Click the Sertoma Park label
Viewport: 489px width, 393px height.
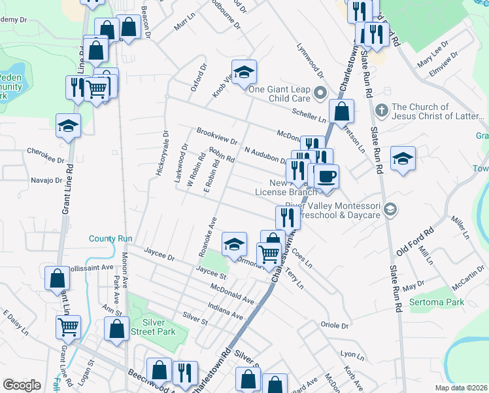[x=436, y=303]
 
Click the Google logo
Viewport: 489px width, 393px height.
[x=22, y=385]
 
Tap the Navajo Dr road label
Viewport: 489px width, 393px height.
[x=46, y=180]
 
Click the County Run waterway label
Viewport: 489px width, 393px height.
[x=111, y=239]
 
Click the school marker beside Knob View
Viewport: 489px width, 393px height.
[x=244, y=73]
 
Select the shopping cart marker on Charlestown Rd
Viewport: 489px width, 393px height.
[x=269, y=254]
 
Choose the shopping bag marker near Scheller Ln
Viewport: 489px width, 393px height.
[x=341, y=113]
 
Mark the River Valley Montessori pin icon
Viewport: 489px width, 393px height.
[x=390, y=209]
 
